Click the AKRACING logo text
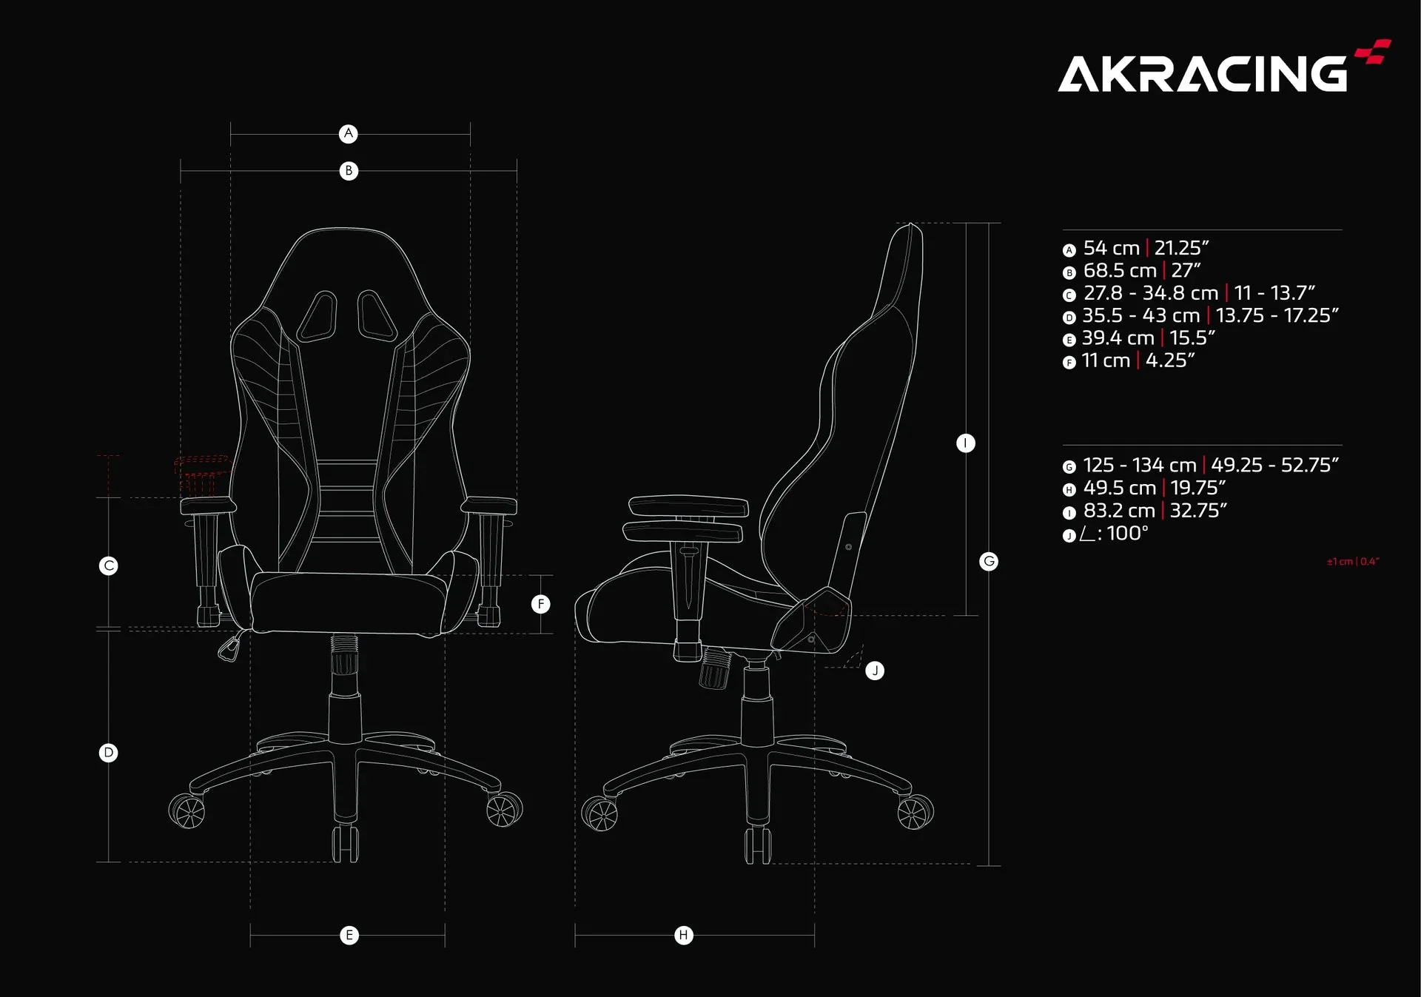(x=1203, y=73)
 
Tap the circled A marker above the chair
(x=349, y=134)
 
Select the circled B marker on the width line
(x=349, y=171)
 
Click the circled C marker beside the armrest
(x=109, y=566)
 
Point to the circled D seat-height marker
(x=109, y=753)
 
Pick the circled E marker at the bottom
(x=349, y=936)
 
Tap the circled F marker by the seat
(x=541, y=605)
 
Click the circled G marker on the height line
(x=989, y=561)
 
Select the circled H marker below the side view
(x=684, y=936)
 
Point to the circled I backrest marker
(x=966, y=443)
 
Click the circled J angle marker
(x=875, y=671)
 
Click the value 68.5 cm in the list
(x=1120, y=271)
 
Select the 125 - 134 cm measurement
(x=1140, y=465)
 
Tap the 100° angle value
(x=1128, y=533)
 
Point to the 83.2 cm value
(x=1119, y=511)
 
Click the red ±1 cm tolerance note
(x=1353, y=562)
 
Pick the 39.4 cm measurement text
(x=1118, y=338)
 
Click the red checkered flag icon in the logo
(x=1374, y=51)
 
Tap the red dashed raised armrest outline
(x=201, y=474)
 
